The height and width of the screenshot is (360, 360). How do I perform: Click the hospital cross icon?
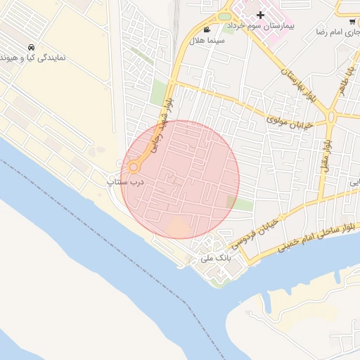(261, 15)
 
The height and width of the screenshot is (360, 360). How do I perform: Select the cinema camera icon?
(206, 30)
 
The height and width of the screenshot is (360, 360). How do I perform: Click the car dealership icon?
(31, 47)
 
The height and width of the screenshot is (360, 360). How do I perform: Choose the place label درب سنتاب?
(125, 182)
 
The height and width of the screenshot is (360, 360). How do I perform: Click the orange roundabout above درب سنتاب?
(134, 167)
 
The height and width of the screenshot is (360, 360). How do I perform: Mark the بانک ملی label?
(216, 258)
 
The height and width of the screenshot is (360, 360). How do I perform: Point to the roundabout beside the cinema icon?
(224, 16)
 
